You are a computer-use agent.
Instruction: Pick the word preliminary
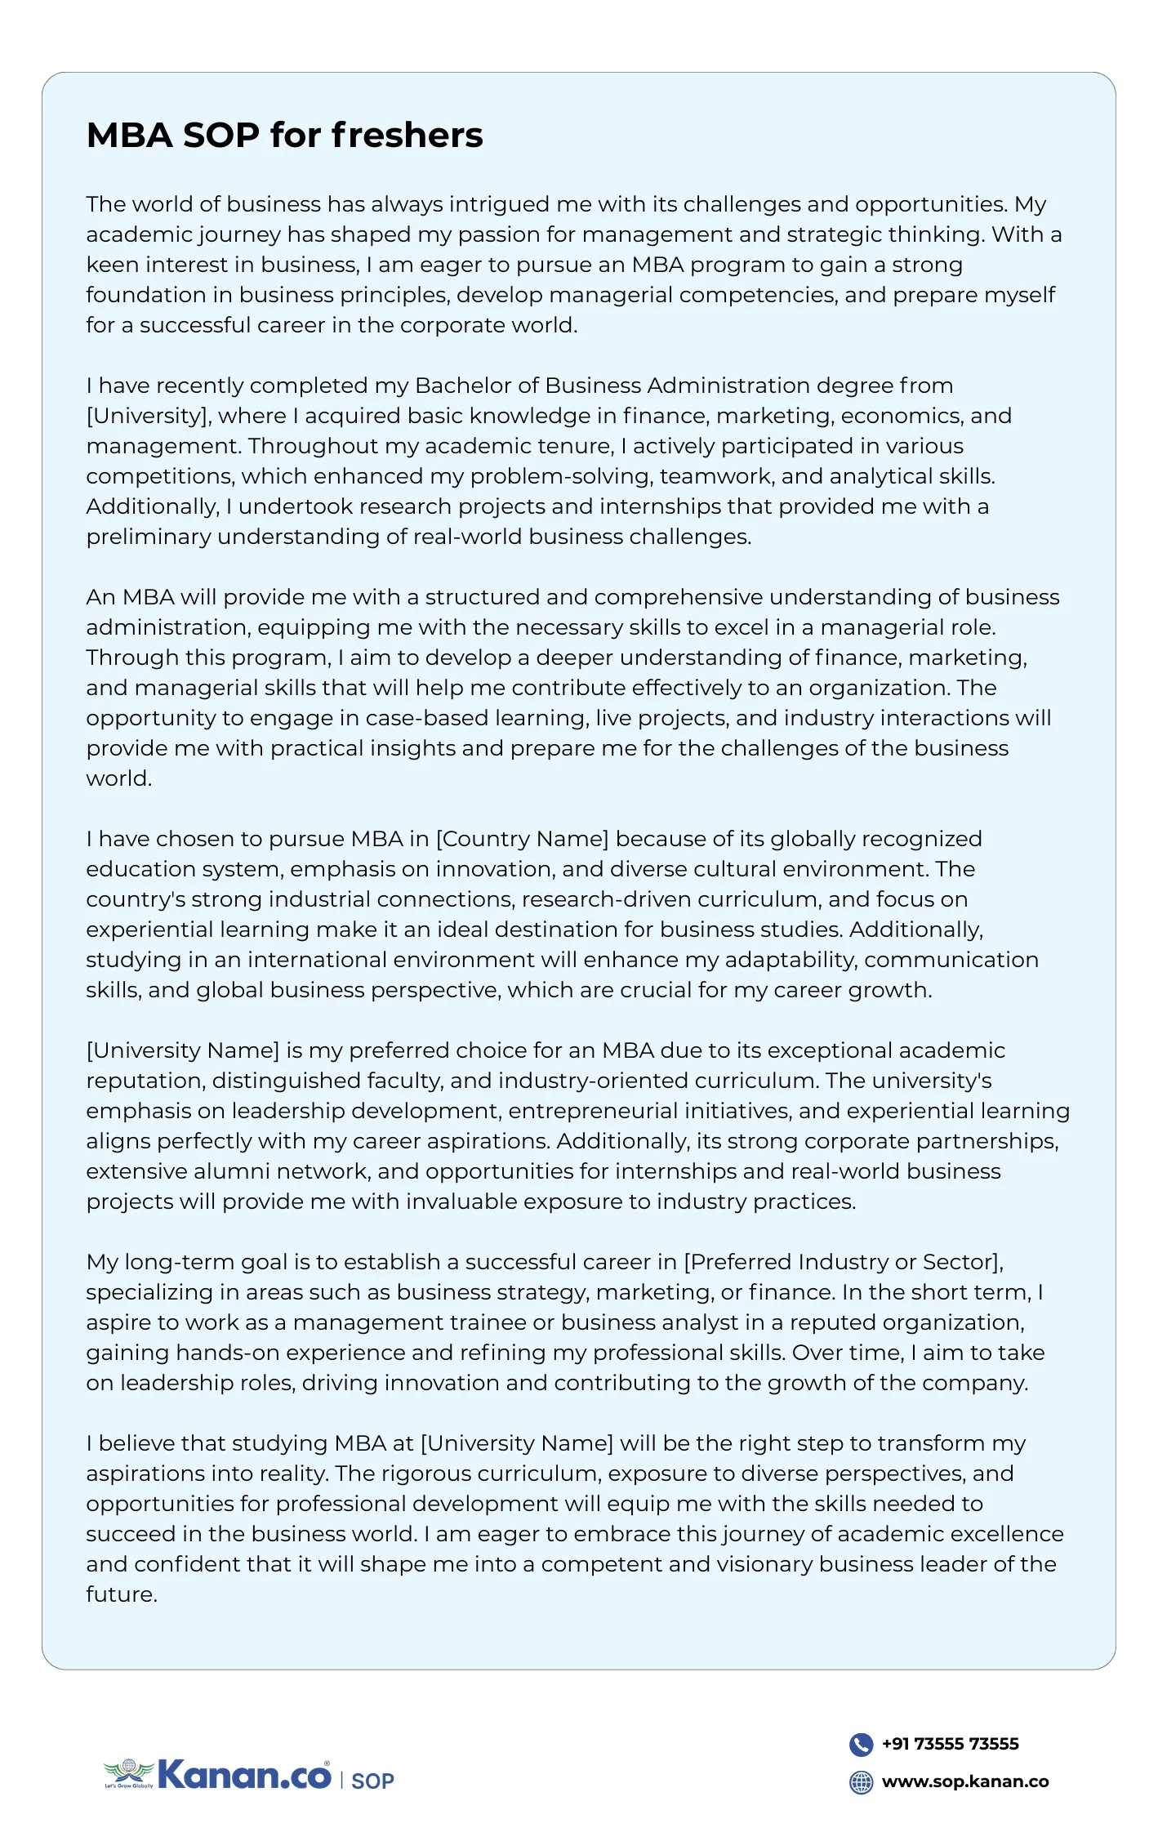pos(148,537)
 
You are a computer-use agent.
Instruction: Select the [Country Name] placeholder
pos(523,839)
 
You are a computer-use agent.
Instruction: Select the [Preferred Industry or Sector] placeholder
pos(843,1262)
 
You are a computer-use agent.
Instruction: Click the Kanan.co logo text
pos(243,1775)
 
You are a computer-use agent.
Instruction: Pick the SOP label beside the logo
pos(372,1781)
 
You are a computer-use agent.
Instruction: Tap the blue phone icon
pos(861,1744)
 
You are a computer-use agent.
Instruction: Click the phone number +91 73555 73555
pos(950,1744)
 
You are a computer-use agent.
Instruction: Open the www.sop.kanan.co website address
pos(964,1781)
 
